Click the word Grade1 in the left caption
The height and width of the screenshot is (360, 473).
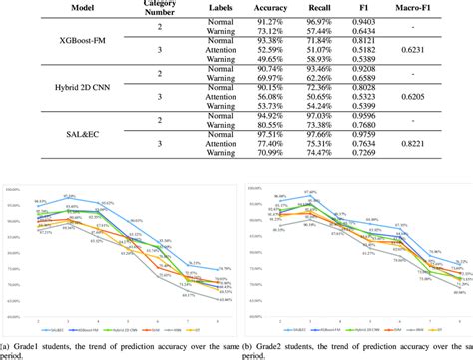pyautogui.click(x=30, y=344)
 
